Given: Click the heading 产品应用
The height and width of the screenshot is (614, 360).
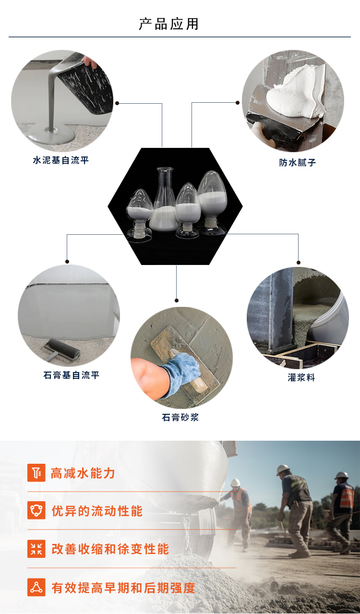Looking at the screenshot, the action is [168, 24].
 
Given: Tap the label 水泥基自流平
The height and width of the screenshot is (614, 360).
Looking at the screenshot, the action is [60, 160].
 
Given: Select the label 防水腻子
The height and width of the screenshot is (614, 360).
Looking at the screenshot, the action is [298, 163].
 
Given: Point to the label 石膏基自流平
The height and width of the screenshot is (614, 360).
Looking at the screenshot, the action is [71, 375].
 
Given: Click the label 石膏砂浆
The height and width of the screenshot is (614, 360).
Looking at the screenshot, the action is [180, 417].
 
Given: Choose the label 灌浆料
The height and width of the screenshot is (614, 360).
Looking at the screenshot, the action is [301, 377].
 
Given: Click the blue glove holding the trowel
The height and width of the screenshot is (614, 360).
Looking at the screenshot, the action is [181, 373].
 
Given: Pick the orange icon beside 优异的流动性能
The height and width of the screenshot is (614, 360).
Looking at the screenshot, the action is [36, 510].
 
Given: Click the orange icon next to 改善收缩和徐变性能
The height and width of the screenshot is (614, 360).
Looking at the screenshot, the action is [36, 548].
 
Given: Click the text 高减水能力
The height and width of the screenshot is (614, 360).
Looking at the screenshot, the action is [83, 473].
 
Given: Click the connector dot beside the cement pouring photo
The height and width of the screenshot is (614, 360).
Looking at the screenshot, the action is [117, 103].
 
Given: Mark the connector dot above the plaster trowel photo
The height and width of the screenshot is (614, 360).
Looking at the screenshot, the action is [177, 300].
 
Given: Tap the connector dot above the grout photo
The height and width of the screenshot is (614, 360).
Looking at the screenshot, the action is [299, 262].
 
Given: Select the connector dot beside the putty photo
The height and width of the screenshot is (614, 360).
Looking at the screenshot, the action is [238, 103].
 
